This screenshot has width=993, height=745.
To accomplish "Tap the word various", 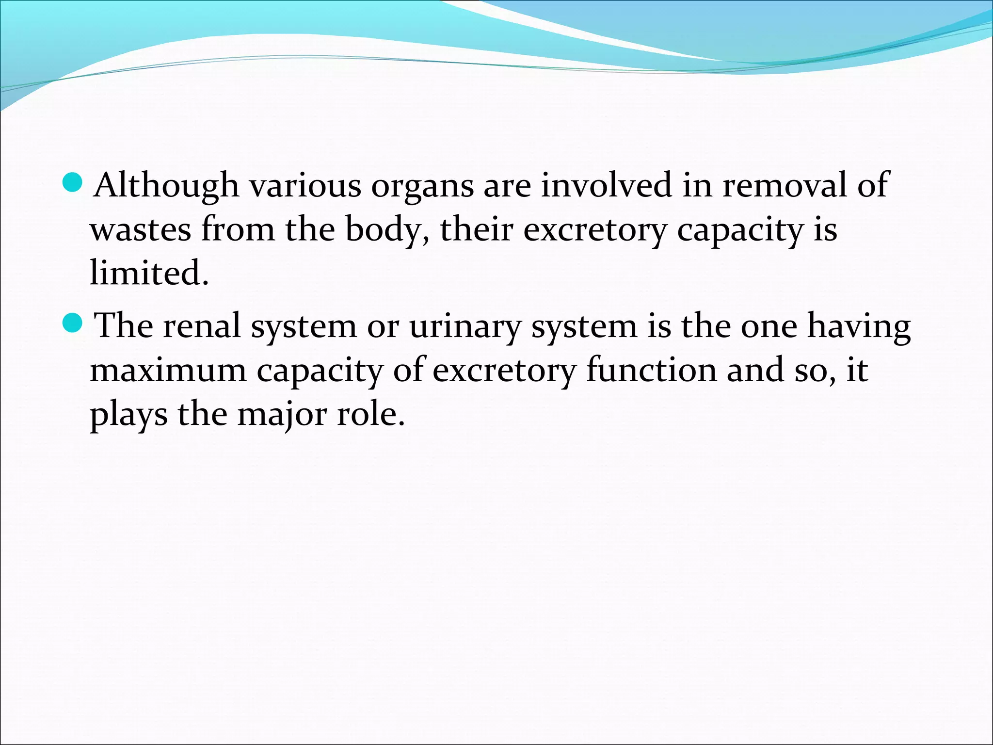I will point(305,186).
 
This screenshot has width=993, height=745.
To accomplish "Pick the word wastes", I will point(141,229).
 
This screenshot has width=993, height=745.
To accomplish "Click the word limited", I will point(149,273).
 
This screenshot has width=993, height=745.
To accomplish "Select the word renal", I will point(202,325).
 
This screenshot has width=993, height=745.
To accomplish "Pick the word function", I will point(651,370).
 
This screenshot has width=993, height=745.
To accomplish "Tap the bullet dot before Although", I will point(73,183).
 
